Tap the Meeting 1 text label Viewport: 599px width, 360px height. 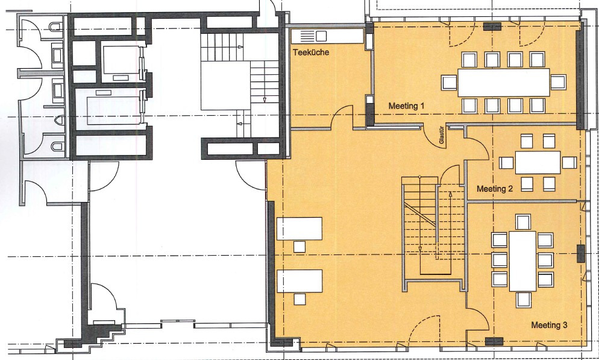tap(406, 106)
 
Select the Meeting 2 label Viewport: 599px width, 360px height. tap(495, 189)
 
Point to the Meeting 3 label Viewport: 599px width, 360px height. tap(549, 325)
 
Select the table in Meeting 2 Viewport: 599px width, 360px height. tap(538, 162)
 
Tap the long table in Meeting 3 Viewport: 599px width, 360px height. tap(522, 261)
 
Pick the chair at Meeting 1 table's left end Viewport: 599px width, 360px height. tap(449, 83)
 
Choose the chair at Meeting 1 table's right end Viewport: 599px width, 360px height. tap(558, 82)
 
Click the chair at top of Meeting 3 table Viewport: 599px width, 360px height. tap(522, 222)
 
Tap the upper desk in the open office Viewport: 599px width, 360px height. tap(299, 229)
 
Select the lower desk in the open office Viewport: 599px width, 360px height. tap(299, 281)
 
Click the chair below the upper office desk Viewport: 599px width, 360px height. tap(299, 246)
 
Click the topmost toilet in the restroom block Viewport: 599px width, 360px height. tap(55, 28)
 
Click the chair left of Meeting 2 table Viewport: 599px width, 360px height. tap(506, 162)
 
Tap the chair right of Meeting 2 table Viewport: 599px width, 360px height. tap(568, 162)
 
